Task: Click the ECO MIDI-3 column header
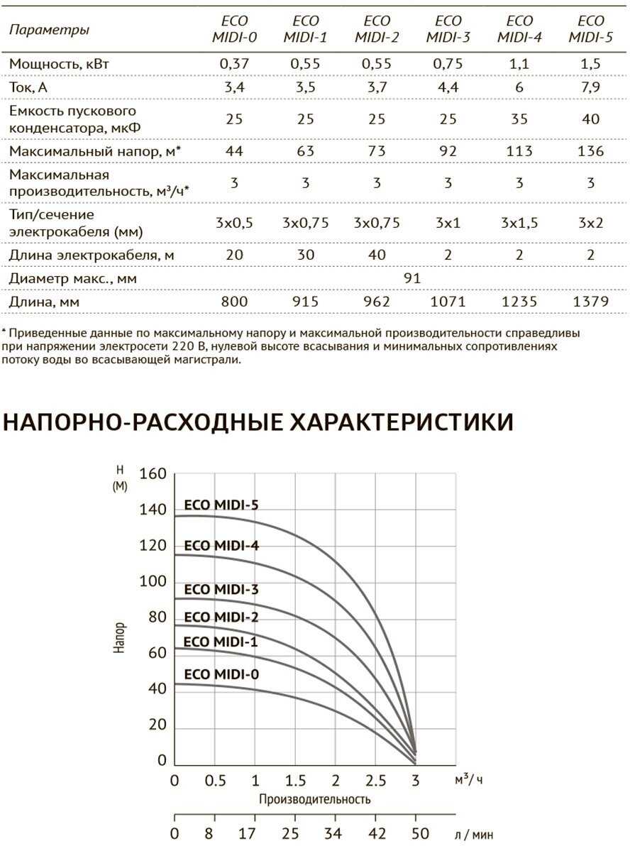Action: pyautogui.click(x=448, y=29)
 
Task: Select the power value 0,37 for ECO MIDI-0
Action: pyautogui.click(x=234, y=64)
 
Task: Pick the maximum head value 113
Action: pyautogui.click(x=519, y=150)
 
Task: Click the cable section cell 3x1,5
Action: pyautogui.click(x=519, y=223)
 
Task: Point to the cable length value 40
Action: pyautogui.click(x=377, y=255)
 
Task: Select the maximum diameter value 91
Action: pyautogui.click(x=412, y=278)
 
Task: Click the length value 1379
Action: pyautogui.click(x=590, y=302)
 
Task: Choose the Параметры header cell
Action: pyautogui.click(x=49, y=30)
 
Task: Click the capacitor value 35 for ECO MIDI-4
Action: pyautogui.click(x=519, y=119)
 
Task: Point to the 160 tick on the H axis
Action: pyautogui.click(x=153, y=473)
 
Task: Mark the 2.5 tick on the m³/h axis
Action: pyautogui.click(x=375, y=781)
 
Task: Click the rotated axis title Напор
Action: pyautogui.click(x=120, y=638)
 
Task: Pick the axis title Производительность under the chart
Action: pyautogui.click(x=314, y=800)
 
